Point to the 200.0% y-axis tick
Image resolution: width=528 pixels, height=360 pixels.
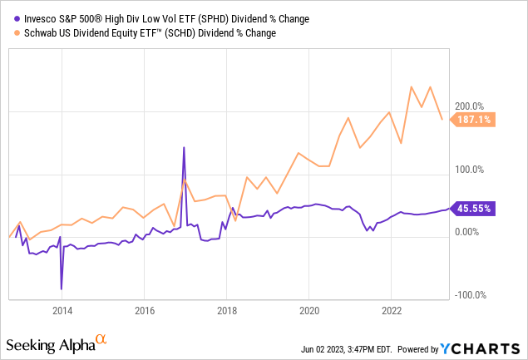(468, 106)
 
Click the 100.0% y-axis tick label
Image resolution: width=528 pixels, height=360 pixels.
(468, 170)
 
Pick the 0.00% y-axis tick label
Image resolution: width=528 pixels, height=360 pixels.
(468, 233)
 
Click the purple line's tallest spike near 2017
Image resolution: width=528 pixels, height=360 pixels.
(184, 148)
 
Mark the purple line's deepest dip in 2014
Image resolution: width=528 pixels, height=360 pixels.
(62, 288)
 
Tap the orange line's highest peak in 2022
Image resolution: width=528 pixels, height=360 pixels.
(412, 86)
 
